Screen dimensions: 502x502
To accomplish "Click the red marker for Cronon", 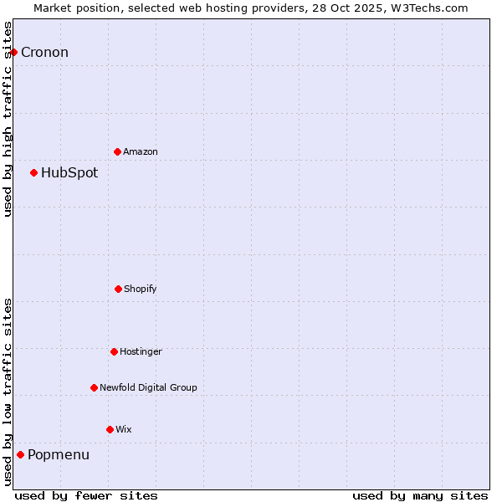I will [13, 52].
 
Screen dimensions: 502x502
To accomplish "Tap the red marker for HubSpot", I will [33, 172].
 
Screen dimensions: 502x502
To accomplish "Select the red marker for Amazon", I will [118, 151].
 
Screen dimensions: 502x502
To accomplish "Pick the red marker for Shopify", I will [118, 289].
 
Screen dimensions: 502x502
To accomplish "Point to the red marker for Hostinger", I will [114, 351].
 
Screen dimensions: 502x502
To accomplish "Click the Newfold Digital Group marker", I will [94, 387].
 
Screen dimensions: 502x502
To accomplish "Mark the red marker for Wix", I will [110, 429].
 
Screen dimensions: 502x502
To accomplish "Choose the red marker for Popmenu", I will [20, 454].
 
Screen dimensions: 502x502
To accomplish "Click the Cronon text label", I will [44, 52].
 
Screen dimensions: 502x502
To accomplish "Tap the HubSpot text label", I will [69, 173].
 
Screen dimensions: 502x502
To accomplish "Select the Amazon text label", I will [141, 151].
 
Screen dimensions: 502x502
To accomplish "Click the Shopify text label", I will [141, 289].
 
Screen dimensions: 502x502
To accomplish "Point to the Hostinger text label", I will [141, 351].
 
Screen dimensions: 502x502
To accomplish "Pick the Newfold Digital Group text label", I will [148, 387].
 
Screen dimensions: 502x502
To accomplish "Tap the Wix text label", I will [124, 429].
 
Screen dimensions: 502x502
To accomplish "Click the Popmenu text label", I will [59, 455].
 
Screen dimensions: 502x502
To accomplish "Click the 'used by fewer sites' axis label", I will [86, 495].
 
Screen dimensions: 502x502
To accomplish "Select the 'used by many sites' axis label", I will [420, 495].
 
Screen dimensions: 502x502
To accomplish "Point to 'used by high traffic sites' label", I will [8, 119].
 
